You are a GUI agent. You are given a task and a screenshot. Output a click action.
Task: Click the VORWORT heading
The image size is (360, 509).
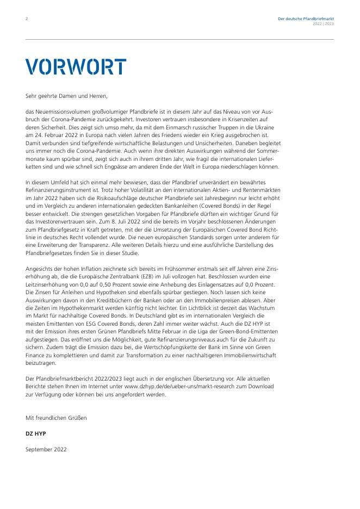(76, 66)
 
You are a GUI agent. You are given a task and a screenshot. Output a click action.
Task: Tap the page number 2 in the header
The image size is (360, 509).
(27, 19)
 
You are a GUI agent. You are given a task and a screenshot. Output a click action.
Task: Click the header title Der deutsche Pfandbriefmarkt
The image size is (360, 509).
(306, 19)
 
